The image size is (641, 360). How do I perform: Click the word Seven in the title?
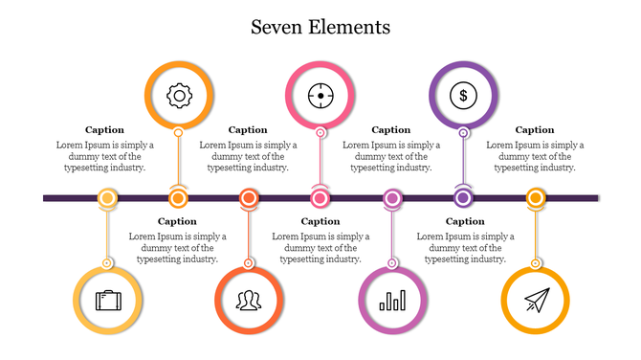(x=276, y=27)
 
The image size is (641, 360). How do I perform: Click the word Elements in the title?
(x=348, y=27)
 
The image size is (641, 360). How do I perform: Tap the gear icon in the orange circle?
(x=179, y=95)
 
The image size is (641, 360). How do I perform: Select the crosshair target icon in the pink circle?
(x=320, y=95)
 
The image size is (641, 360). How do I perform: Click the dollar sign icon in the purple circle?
(x=463, y=95)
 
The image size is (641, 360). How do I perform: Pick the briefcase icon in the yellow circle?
(x=107, y=301)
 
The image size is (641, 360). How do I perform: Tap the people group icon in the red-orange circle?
(x=249, y=301)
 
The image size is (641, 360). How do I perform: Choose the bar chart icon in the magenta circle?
(x=391, y=301)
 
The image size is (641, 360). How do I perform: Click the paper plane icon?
(x=535, y=301)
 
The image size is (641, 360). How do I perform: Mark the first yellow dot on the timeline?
(x=108, y=198)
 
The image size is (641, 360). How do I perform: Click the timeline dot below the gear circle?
(x=178, y=198)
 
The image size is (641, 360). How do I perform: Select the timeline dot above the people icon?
(x=249, y=198)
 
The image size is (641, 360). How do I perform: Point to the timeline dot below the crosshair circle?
(x=320, y=198)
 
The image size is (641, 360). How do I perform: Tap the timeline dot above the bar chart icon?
(x=391, y=198)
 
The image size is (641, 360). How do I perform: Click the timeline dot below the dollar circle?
(x=463, y=198)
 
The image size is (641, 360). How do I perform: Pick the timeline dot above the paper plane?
(x=535, y=198)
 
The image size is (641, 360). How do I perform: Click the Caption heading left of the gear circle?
(x=104, y=129)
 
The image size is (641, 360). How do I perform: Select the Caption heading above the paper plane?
(x=535, y=129)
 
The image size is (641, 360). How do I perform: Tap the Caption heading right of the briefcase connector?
(x=177, y=221)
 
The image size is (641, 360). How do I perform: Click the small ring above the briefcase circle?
(x=108, y=261)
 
